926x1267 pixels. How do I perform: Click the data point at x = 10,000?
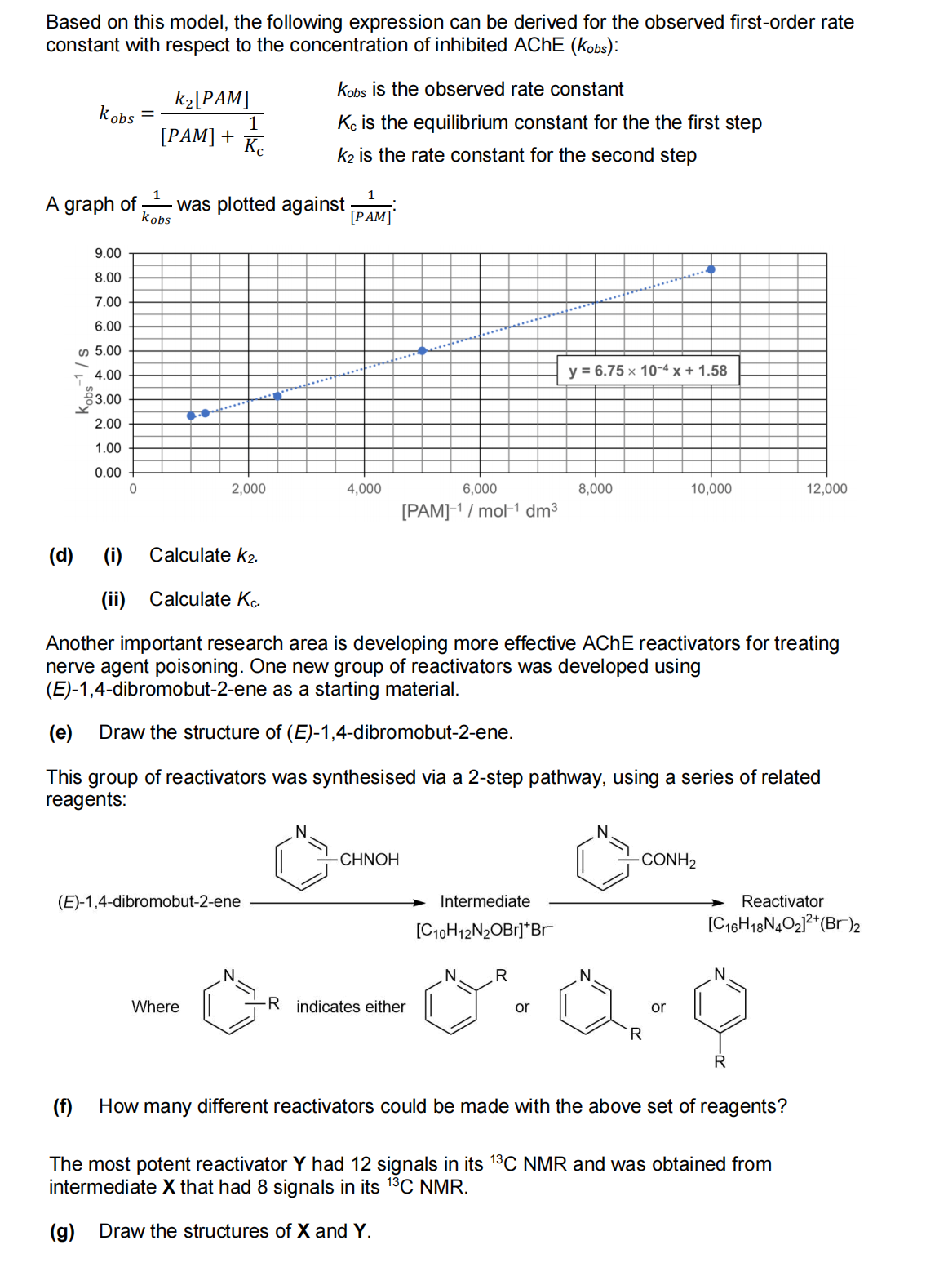[711, 269]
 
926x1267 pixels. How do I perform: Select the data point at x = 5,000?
[422, 351]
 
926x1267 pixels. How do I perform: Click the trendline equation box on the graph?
[648, 371]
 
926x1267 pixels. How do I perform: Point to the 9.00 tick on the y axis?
[108, 253]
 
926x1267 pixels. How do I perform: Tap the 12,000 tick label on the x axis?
[826, 489]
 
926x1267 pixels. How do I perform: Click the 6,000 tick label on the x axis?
[480, 489]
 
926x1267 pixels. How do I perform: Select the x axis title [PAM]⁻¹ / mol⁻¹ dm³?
[480, 511]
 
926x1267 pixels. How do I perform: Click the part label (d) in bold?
[61, 556]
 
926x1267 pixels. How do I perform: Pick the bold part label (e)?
[61, 732]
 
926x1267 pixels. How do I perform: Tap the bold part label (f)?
[63, 1106]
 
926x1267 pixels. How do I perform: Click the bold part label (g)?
[62, 1231]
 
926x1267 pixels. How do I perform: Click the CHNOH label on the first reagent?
[369, 860]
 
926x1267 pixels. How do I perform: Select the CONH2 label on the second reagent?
[668, 860]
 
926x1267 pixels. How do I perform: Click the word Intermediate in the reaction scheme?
[485, 901]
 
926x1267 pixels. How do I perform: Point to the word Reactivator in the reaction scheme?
[782, 901]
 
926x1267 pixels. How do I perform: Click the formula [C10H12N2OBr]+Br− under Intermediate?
[484, 930]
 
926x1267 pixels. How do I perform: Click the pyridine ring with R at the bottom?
[720, 1006]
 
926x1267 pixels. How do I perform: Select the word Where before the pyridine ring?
[155, 1007]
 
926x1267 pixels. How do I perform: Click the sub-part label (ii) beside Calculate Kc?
[113, 600]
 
